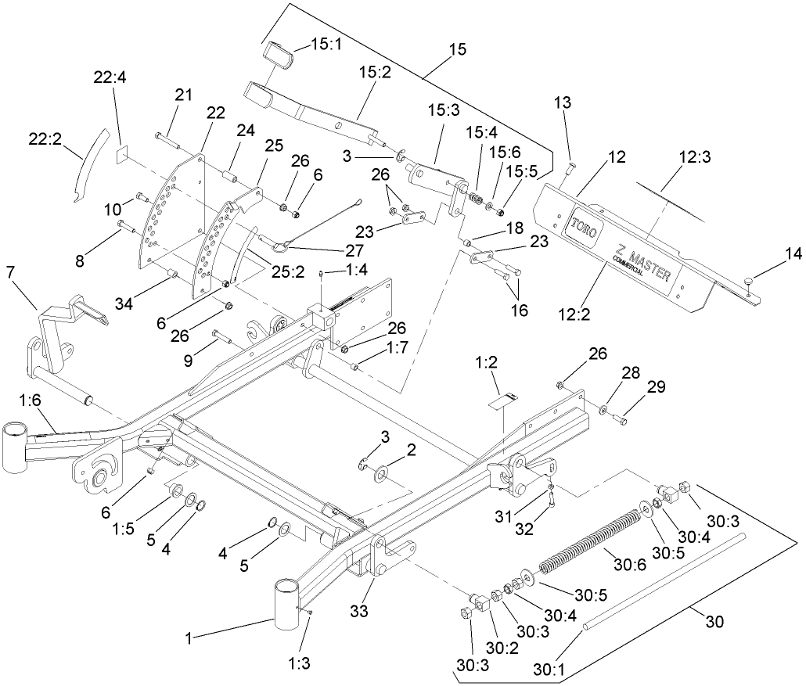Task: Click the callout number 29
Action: pyautogui.click(x=656, y=387)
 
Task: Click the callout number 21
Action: pyautogui.click(x=183, y=95)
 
